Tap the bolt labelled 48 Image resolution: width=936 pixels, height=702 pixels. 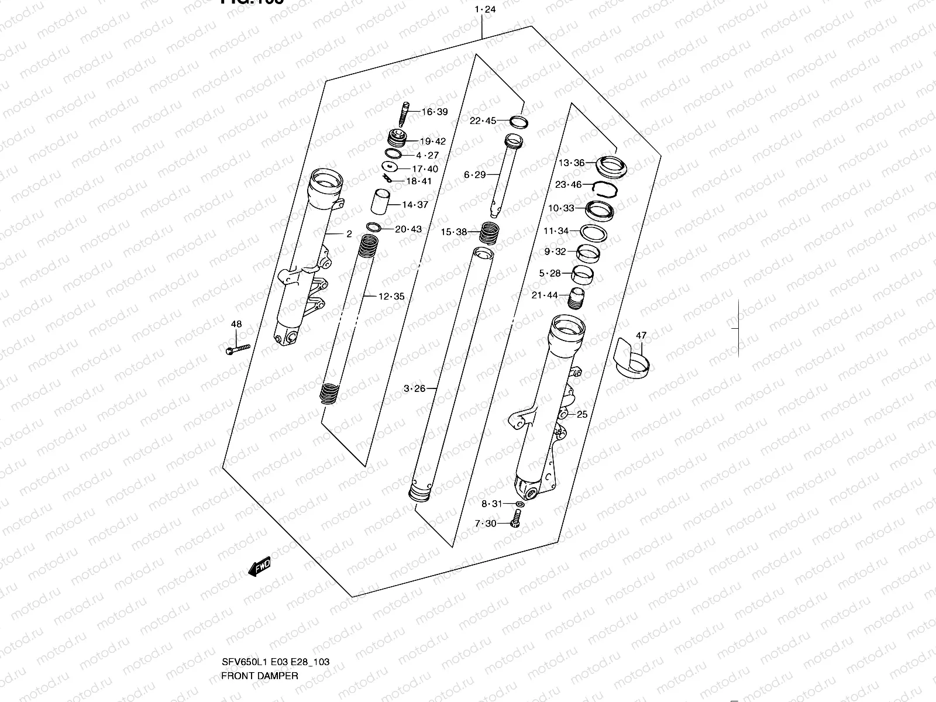[237, 349]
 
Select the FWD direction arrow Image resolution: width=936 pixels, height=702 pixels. [259, 566]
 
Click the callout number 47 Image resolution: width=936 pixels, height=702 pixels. [641, 335]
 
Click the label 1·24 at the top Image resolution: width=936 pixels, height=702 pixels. [486, 9]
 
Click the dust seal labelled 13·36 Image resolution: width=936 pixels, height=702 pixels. [611, 167]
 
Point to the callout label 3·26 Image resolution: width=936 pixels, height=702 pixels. [414, 388]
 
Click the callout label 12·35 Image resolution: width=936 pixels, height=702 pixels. [391, 297]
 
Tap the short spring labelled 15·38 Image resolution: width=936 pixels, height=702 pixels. [488, 232]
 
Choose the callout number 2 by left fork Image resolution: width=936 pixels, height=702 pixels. [349, 234]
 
